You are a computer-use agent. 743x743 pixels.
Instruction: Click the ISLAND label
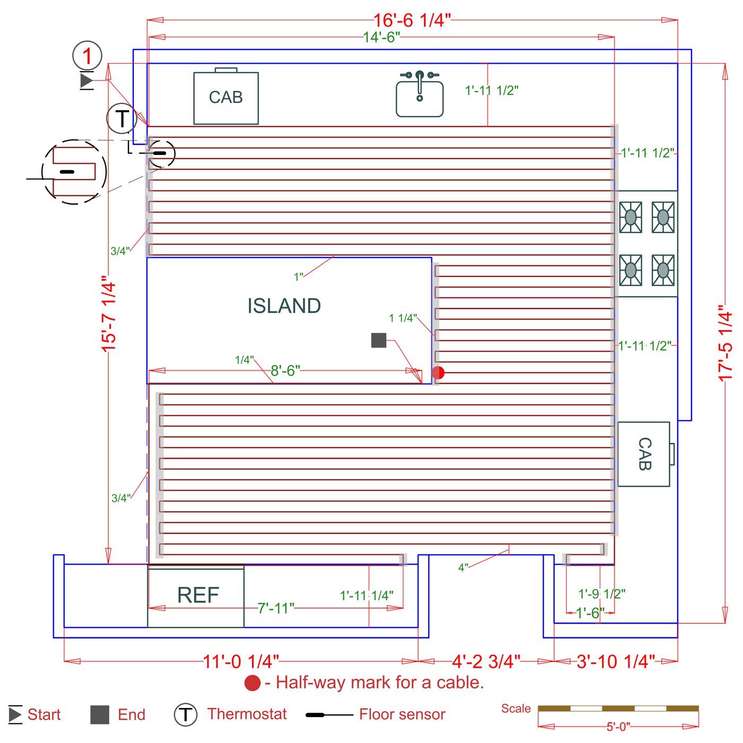coord(284,306)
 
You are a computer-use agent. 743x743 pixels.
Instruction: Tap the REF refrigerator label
coord(198,595)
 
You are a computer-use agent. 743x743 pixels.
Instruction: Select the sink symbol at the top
coord(419,94)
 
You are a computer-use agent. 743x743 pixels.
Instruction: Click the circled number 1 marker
coord(87,56)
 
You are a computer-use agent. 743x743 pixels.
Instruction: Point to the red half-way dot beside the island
coord(438,373)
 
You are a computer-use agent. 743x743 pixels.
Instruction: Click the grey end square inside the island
coord(378,340)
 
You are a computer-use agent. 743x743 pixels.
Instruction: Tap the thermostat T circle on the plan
coord(122,118)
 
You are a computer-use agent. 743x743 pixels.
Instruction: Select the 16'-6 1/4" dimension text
coord(412,21)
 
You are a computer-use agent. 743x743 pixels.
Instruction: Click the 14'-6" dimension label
coord(382,37)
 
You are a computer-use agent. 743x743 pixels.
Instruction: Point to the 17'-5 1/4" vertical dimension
coord(725,343)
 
